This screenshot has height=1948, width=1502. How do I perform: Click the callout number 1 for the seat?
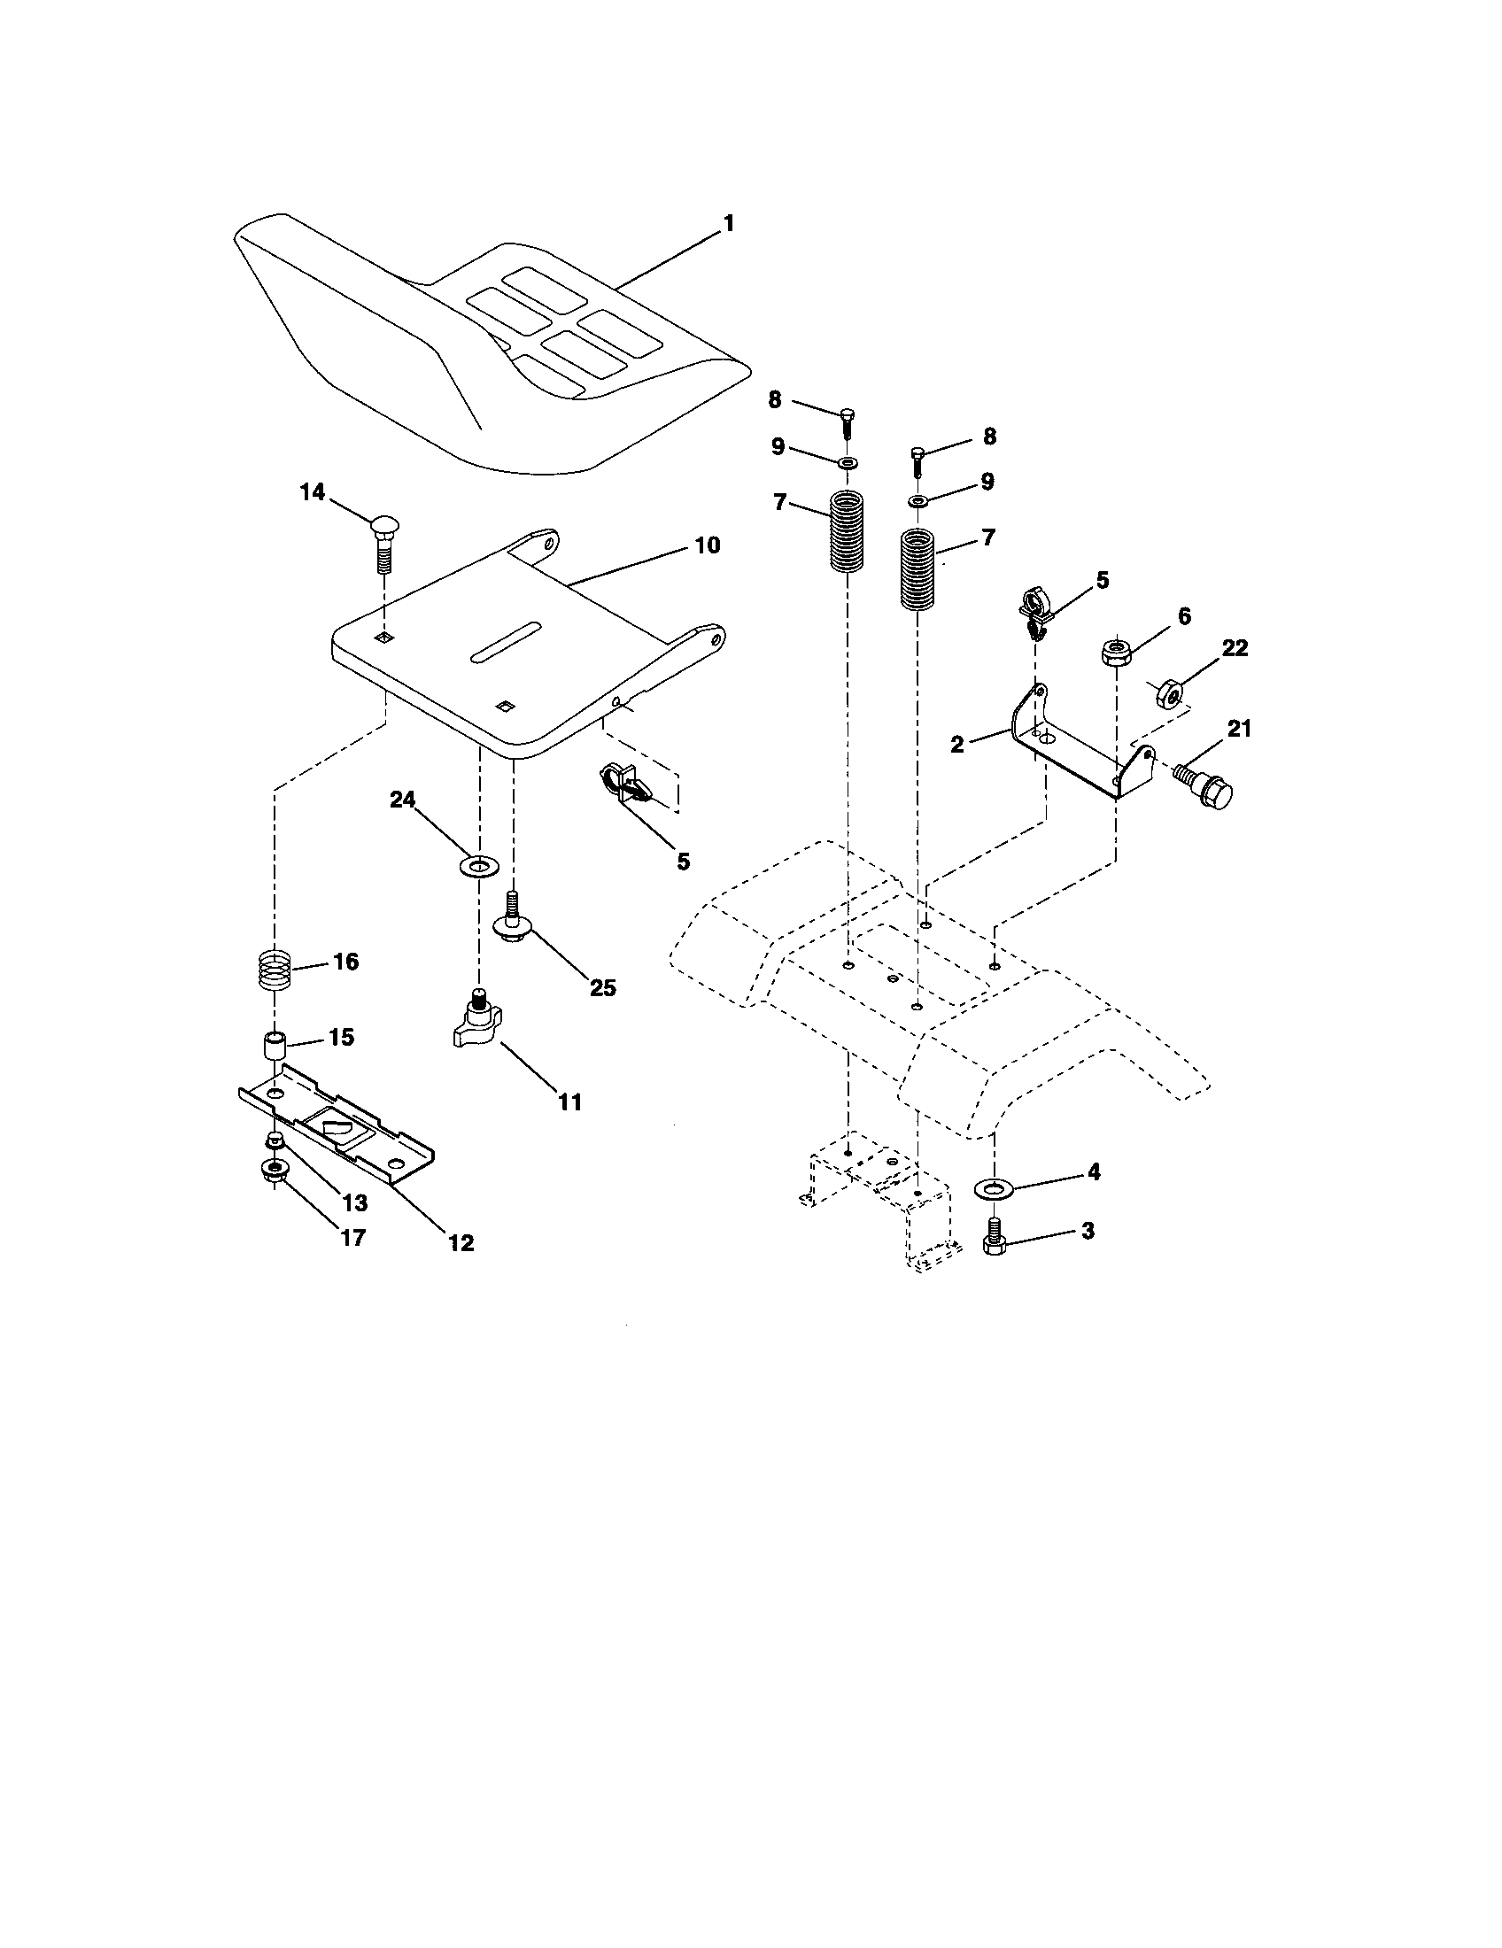tap(729, 223)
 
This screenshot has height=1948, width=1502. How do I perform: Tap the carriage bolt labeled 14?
tap(383, 544)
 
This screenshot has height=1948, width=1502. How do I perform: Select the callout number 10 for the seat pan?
tap(707, 545)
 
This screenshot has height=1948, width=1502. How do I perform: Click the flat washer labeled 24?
tap(479, 865)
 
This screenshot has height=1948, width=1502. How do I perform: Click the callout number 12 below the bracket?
tap(461, 1242)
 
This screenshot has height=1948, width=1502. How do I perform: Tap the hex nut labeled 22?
tap(1169, 693)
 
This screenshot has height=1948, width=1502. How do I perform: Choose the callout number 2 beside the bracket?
tap(957, 745)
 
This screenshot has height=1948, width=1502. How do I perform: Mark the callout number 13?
tap(354, 1203)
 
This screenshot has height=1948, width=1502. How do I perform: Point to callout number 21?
tap(1240, 729)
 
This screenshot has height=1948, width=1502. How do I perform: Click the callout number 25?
tap(603, 987)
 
